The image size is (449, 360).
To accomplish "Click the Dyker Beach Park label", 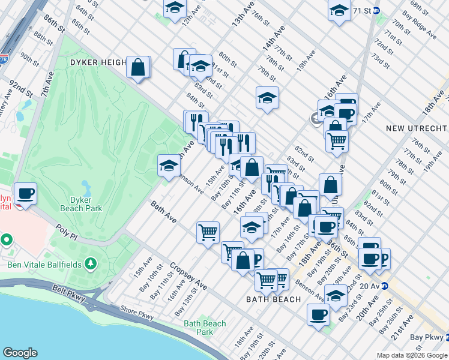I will tap(80, 203).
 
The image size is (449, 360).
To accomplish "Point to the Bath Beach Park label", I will tap(205, 328).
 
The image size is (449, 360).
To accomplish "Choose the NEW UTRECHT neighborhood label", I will tap(416, 128).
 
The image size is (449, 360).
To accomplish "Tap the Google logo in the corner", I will tap(20, 353).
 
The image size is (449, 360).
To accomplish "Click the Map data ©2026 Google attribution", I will tap(411, 355).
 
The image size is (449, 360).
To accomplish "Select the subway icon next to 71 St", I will tap(376, 11).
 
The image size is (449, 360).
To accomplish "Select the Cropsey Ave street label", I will tap(188, 276).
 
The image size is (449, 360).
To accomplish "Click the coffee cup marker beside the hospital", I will tap(25, 194).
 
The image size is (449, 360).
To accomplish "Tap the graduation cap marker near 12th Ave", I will tap(175, 8).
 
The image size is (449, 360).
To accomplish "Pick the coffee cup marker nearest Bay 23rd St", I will tap(318, 314).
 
